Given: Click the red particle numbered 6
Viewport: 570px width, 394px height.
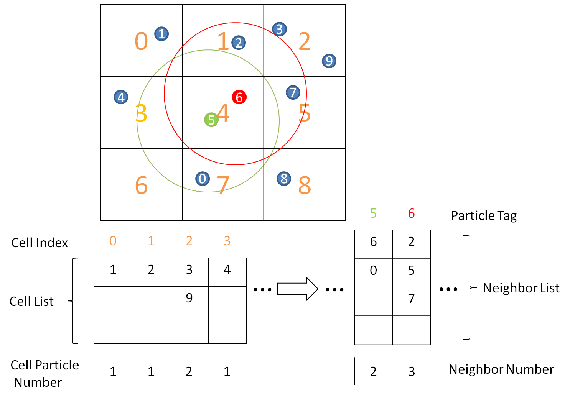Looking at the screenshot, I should tap(239, 97).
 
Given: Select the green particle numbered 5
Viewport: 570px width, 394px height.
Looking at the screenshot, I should tap(211, 120).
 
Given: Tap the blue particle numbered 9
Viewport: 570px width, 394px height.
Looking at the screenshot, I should tap(329, 61).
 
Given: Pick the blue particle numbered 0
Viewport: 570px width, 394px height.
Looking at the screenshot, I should tap(203, 179).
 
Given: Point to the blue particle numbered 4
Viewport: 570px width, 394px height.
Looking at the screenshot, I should tap(121, 97).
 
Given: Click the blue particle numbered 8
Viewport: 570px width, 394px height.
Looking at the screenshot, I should tap(284, 179).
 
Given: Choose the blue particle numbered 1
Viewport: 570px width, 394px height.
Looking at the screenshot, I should tap(161, 34).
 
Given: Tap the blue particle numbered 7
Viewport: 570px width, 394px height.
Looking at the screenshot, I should tap(293, 92).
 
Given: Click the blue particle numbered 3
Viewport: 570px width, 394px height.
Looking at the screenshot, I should tap(279, 29).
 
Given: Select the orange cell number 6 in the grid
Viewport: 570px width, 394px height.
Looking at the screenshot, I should tap(141, 185).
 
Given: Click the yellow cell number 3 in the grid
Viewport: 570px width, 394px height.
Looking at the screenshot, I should tap(141, 113).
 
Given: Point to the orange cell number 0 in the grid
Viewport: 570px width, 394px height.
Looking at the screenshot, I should tap(141, 41).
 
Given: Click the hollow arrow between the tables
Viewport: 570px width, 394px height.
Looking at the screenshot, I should tap(297, 289).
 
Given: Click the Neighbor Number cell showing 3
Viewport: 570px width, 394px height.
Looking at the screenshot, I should tap(412, 371).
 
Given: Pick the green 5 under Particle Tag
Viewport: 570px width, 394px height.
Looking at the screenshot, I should tap(373, 213).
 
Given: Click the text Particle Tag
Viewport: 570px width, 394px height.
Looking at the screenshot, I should tap(484, 216).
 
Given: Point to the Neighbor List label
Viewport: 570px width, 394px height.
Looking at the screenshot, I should tap(521, 288).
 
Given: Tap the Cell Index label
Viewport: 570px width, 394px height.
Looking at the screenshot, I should tap(40, 243).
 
